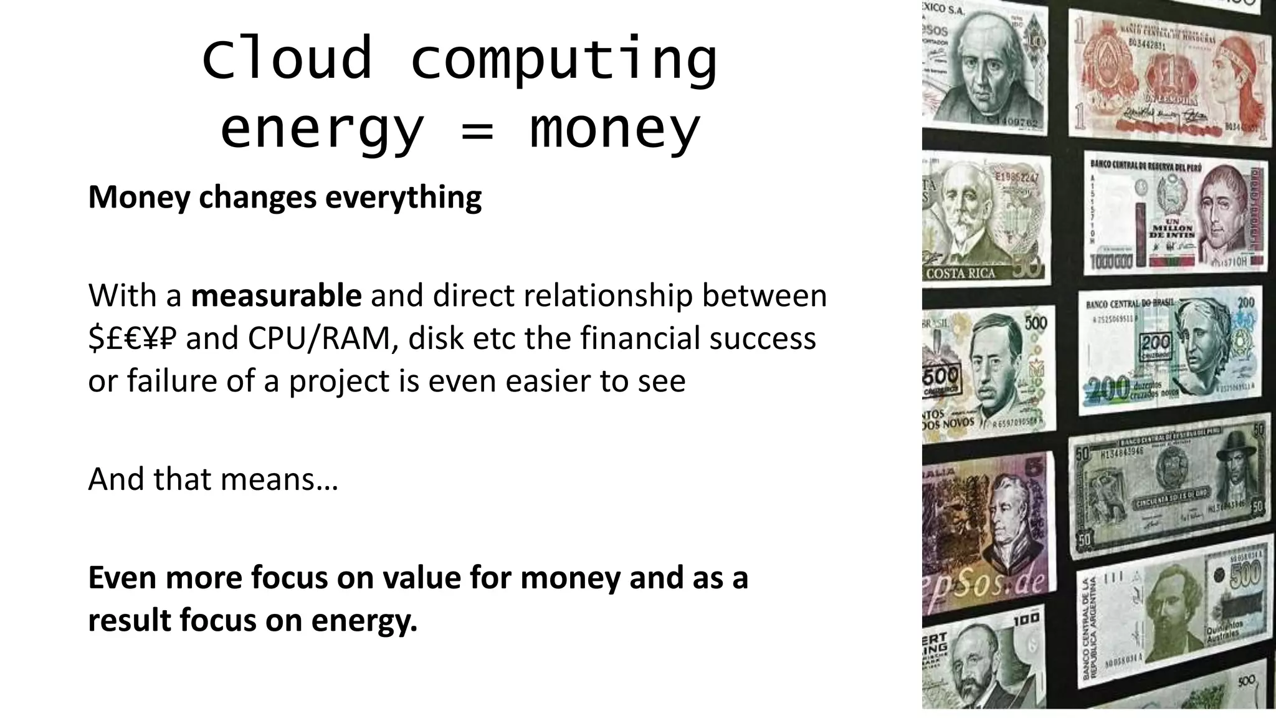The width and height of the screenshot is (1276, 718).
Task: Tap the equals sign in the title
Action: point(478,130)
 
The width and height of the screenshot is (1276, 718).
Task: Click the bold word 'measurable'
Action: point(276,295)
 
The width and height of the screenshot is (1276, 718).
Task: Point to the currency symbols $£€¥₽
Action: point(132,338)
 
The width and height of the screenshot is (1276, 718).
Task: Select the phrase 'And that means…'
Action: point(213,479)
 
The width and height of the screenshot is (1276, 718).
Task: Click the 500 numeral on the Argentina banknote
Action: point(1245,574)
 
